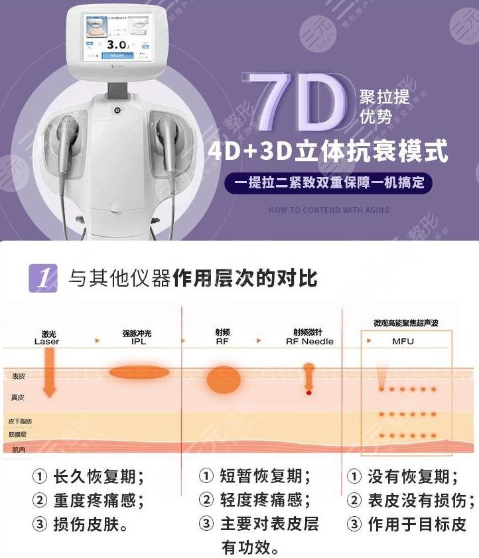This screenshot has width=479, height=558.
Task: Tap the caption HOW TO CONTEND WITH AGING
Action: (329, 210)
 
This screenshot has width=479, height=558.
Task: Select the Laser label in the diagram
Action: (47, 342)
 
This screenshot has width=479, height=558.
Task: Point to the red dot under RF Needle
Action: (308, 393)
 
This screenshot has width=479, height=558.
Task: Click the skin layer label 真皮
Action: (18, 397)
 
